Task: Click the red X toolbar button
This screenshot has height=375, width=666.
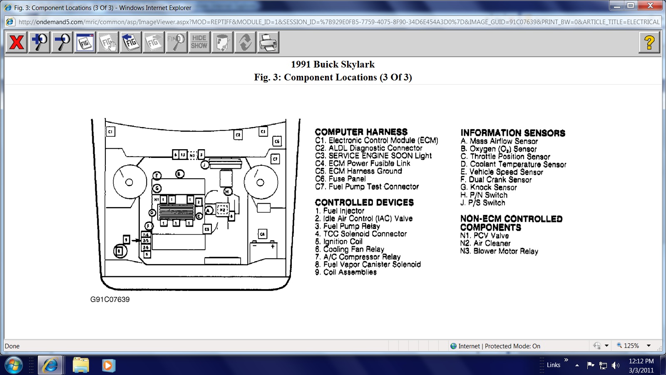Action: tap(17, 42)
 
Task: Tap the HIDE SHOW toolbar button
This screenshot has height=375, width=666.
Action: tap(199, 42)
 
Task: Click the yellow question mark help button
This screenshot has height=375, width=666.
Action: tap(649, 42)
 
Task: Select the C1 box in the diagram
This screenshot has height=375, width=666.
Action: tap(110, 132)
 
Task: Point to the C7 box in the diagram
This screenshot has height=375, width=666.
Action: tap(275, 159)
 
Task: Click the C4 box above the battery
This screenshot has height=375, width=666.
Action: tap(262, 234)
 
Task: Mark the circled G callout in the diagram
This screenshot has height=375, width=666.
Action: tap(157, 188)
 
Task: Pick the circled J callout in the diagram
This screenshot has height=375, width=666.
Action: tap(205, 165)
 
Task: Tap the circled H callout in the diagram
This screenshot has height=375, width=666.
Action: tap(228, 191)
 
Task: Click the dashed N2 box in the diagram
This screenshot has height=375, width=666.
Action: tap(222, 210)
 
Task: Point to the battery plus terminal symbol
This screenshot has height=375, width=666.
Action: tap(273, 246)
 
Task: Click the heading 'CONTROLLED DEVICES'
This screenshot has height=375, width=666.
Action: tap(364, 202)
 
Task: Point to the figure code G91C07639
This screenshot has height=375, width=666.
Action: tap(110, 300)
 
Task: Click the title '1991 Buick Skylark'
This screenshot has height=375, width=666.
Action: tap(333, 64)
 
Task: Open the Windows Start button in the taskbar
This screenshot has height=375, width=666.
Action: tap(14, 365)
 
